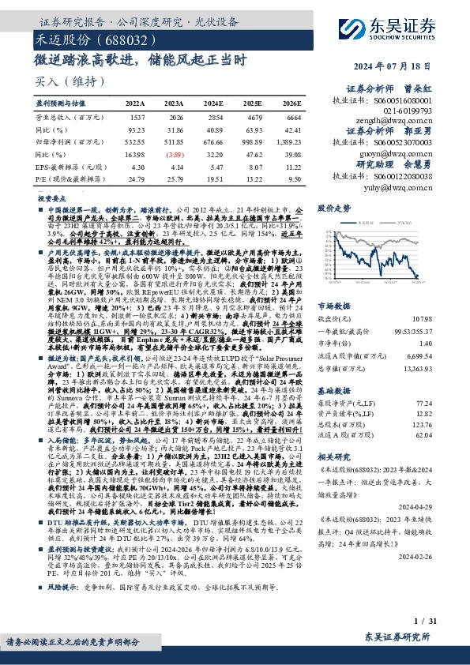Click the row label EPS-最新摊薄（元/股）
[x=67, y=168]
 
